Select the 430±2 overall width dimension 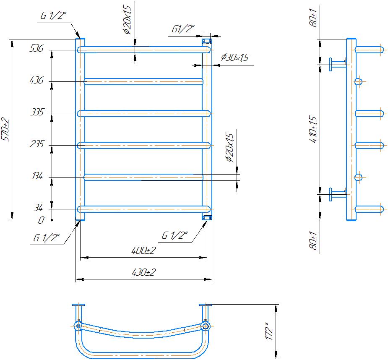[144, 273]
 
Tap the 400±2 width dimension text [144, 250]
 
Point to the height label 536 [36, 49]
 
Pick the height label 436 [36, 81]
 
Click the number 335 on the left [36, 113]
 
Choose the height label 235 [36, 145]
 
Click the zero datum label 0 [41, 220]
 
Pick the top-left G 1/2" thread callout [54, 16]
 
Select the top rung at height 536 [143, 50]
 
